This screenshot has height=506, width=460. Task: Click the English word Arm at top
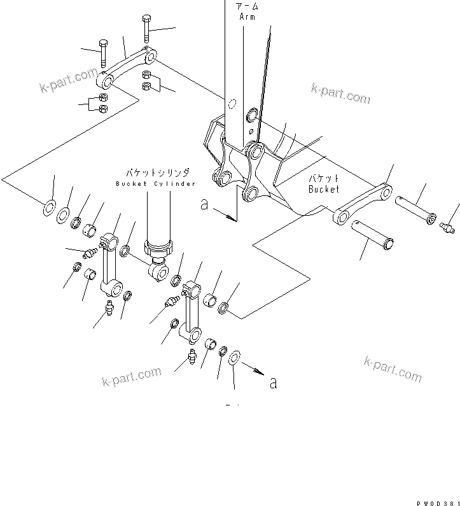click(247, 17)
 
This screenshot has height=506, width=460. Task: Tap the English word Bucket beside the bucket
click(324, 189)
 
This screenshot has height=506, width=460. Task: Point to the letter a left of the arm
click(204, 205)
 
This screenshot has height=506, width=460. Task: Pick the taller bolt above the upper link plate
click(147, 28)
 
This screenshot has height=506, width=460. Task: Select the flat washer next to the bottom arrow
click(233, 358)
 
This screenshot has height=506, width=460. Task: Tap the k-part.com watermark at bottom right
click(392, 369)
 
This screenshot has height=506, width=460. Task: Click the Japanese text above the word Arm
click(247, 6)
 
